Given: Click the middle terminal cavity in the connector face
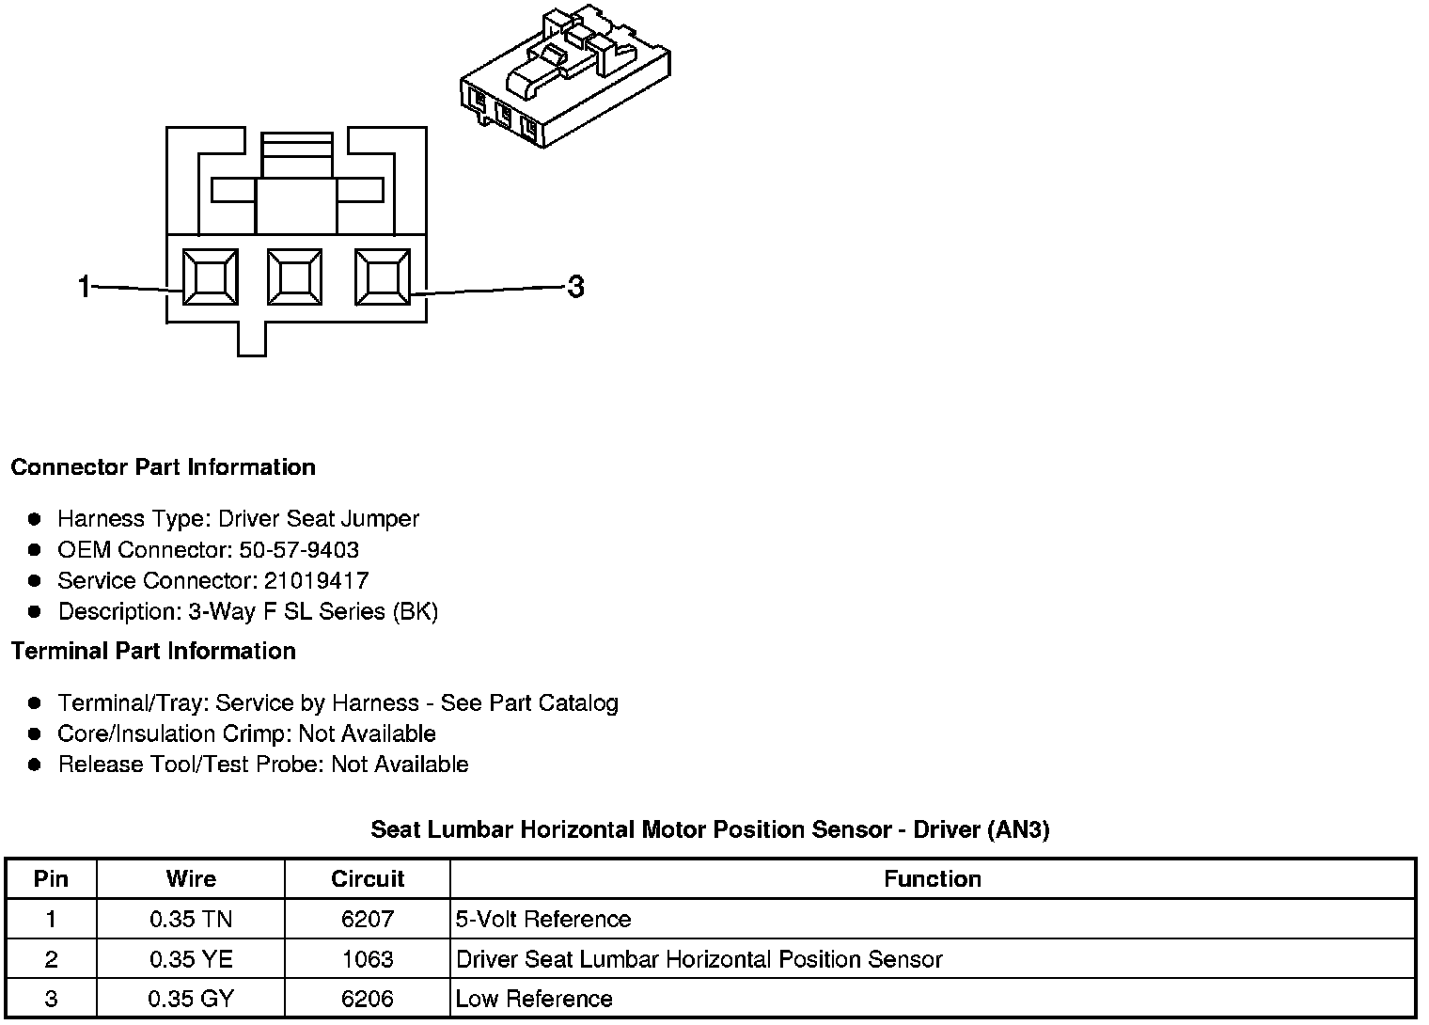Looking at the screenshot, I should click(x=294, y=277).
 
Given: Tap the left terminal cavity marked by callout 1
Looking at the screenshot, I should click(x=210, y=277).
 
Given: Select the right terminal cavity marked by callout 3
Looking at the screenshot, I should click(x=382, y=277).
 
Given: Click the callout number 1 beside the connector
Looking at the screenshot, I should click(x=85, y=286).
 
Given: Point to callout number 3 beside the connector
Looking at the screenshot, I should click(x=575, y=286).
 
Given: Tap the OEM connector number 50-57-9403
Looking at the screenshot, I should click(x=299, y=549).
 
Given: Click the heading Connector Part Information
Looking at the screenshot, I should click(x=163, y=467).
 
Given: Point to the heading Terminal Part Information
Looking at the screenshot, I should click(x=153, y=651).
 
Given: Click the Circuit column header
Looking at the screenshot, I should click(x=368, y=878).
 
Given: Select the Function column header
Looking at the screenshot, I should click(x=933, y=878).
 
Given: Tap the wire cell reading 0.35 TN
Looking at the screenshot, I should click(x=191, y=919).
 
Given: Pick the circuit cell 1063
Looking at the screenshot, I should click(x=368, y=959).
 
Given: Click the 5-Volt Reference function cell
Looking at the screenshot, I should click(x=543, y=919).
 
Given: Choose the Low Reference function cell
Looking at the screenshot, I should click(x=534, y=999).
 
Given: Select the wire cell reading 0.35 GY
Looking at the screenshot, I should click(x=191, y=999).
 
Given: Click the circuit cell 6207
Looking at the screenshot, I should click(x=368, y=919).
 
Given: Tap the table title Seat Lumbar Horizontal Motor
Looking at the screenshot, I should click(x=710, y=829).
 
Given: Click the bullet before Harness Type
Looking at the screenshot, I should click(x=35, y=519).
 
